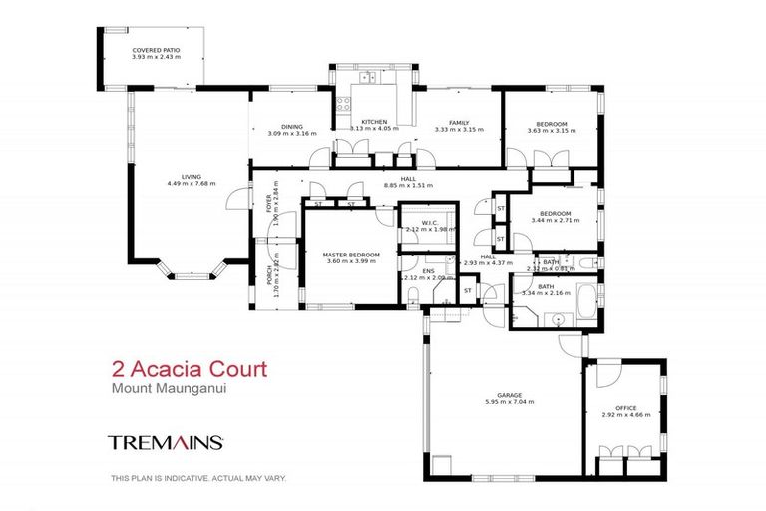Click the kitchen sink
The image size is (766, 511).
click(368, 77)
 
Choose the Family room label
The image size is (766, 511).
click(458, 122)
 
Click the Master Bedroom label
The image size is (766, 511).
click(350, 254)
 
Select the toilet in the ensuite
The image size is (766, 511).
click(413, 293)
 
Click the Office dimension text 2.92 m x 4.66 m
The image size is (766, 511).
click(625, 415)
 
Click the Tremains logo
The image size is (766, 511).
click(165, 440)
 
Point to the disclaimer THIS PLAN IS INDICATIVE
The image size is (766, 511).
click(197, 479)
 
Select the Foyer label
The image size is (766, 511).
click(269, 206)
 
